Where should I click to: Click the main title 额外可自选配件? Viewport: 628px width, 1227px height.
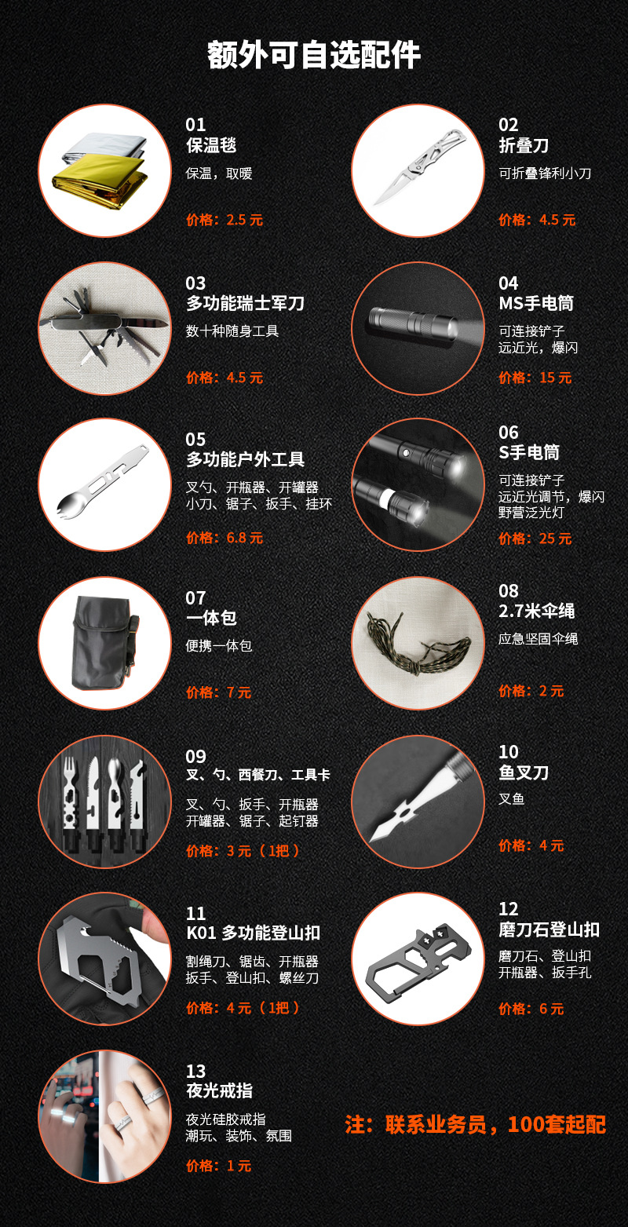coord(314,55)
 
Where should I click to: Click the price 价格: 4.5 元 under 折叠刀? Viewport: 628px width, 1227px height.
coord(537,221)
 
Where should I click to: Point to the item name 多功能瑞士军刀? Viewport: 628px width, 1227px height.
coord(245,304)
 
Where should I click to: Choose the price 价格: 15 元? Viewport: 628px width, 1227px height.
coord(535,378)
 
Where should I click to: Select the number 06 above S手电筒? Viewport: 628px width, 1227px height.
coord(508,433)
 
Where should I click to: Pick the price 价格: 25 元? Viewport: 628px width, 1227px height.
coord(535,539)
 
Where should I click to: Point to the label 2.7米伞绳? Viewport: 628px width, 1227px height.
coord(537,612)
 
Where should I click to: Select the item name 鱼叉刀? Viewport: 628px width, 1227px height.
coord(524,773)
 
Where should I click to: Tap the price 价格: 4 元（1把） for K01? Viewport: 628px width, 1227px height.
coord(243,1008)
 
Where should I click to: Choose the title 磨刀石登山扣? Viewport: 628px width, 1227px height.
coord(549,929)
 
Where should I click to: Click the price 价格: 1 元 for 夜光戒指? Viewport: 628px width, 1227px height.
coord(218,1166)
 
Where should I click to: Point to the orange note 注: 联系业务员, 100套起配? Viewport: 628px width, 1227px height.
coord(475,1125)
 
